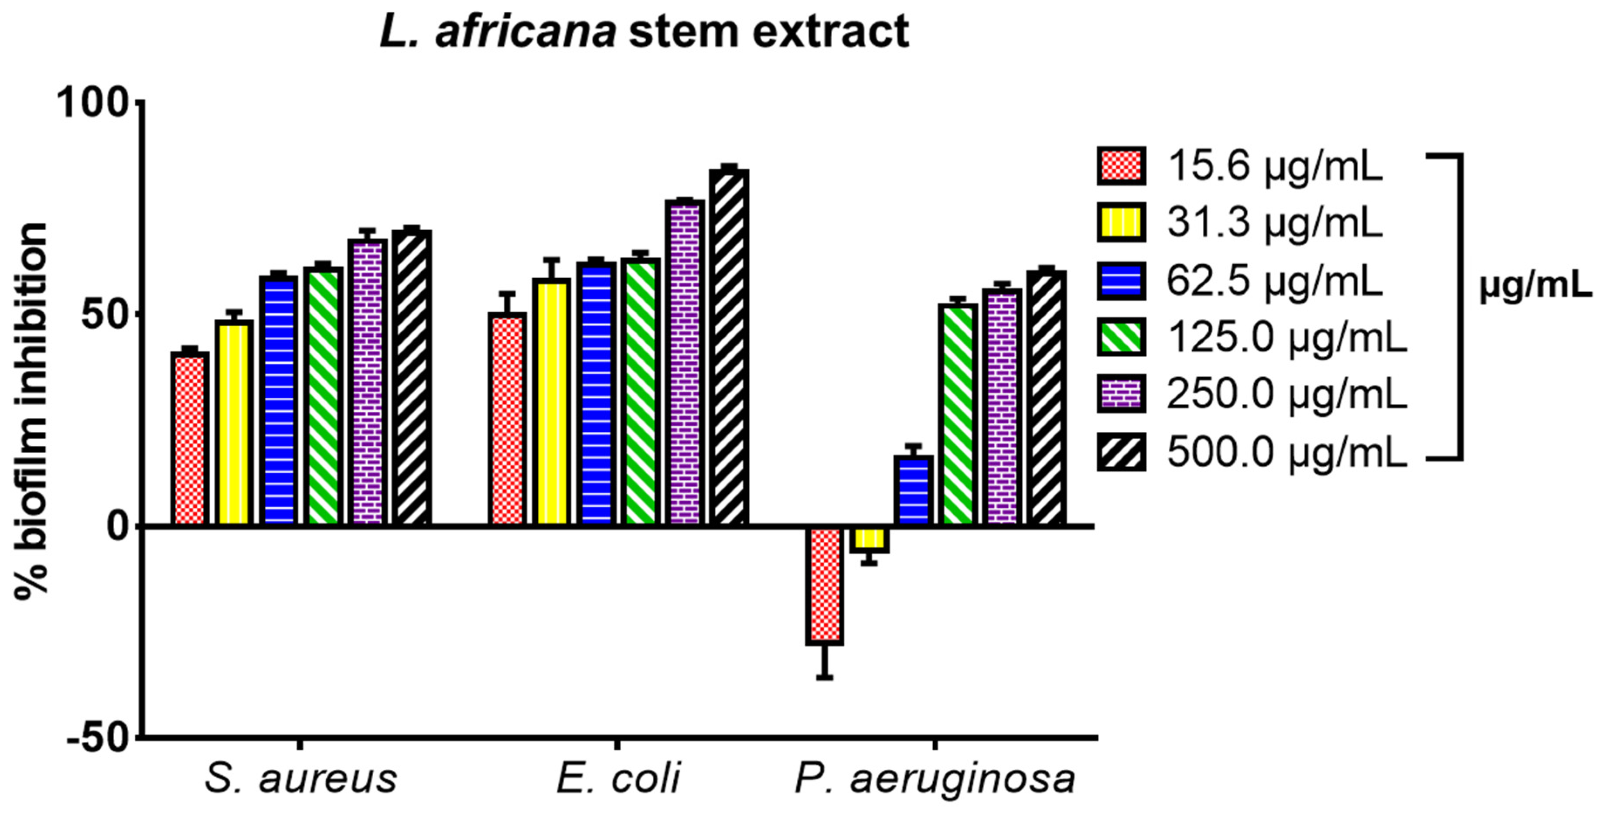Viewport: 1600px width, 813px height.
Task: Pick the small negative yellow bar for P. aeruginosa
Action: tap(869, 539)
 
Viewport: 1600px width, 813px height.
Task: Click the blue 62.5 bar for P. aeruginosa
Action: tap(914, 491)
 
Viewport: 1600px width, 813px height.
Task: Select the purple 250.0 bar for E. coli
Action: tap(685, 363)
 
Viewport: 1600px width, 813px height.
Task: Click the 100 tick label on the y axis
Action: tap(93, 102)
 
